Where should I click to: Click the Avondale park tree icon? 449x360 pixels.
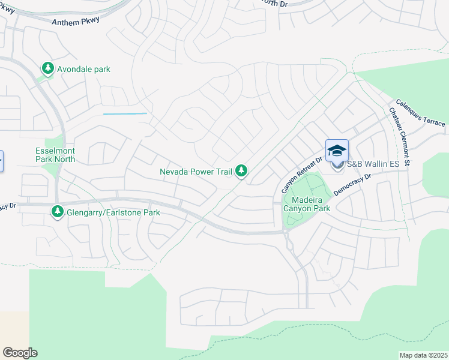click(x=47, y=69)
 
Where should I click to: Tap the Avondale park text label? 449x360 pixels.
click(x=83, y=70)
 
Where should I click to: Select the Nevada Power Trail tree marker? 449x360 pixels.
click(x=241, y=172)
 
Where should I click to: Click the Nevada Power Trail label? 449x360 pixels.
click(x=196, y=172)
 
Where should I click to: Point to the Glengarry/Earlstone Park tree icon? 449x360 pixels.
click(x=58, y=212)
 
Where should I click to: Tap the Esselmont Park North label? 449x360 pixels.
click(x=55, y=155)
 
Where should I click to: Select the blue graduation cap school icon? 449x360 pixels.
click(x=337, y=150)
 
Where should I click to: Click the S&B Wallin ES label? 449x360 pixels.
click(x=372, y=164)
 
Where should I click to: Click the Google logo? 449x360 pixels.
click(x=20, y=353)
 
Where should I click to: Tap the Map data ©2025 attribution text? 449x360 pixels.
click(x=423, y=355)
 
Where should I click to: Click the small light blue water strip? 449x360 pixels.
click(x=125, y=113)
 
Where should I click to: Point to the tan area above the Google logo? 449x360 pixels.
click(x=13, y=327)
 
